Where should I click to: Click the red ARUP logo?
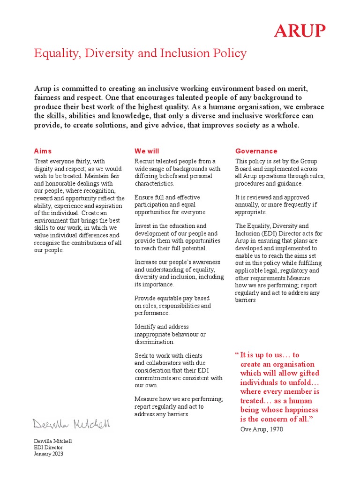[x=300, y=31]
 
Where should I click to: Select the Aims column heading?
[x=43, y=151]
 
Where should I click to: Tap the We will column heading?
[x=147, y=151]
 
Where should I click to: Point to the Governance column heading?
[x=256, y=151]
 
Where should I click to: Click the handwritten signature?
[x=72, y=424]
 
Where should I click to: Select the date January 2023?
[x=48, y=453]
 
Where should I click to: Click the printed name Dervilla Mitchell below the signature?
[x=53, y=441]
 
